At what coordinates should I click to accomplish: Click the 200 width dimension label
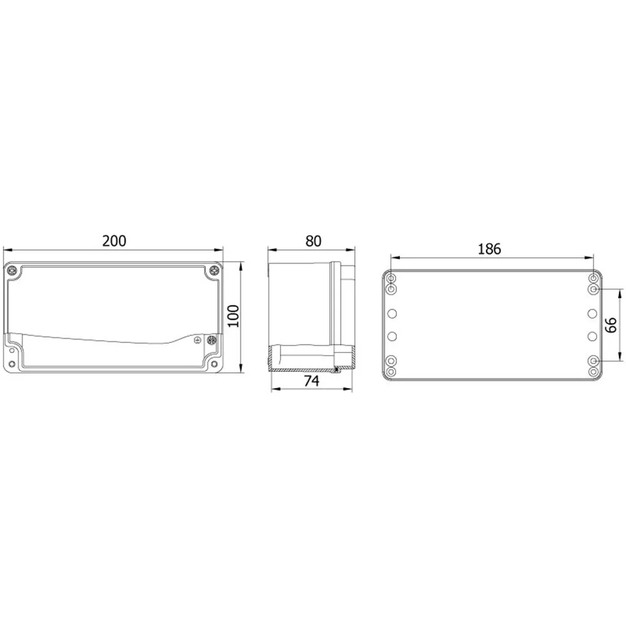point(114,241)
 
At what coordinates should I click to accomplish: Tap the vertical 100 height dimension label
point(233,316)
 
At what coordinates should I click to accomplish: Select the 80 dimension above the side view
point(314,241)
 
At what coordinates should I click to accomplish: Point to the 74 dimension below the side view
point(311,381)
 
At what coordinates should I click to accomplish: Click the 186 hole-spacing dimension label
point(489,249)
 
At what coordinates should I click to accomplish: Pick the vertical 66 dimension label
point(611,325)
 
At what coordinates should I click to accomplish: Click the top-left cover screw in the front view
point(13,270)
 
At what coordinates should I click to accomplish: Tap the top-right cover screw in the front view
point(214,270)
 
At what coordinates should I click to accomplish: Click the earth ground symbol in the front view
point(197,340)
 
